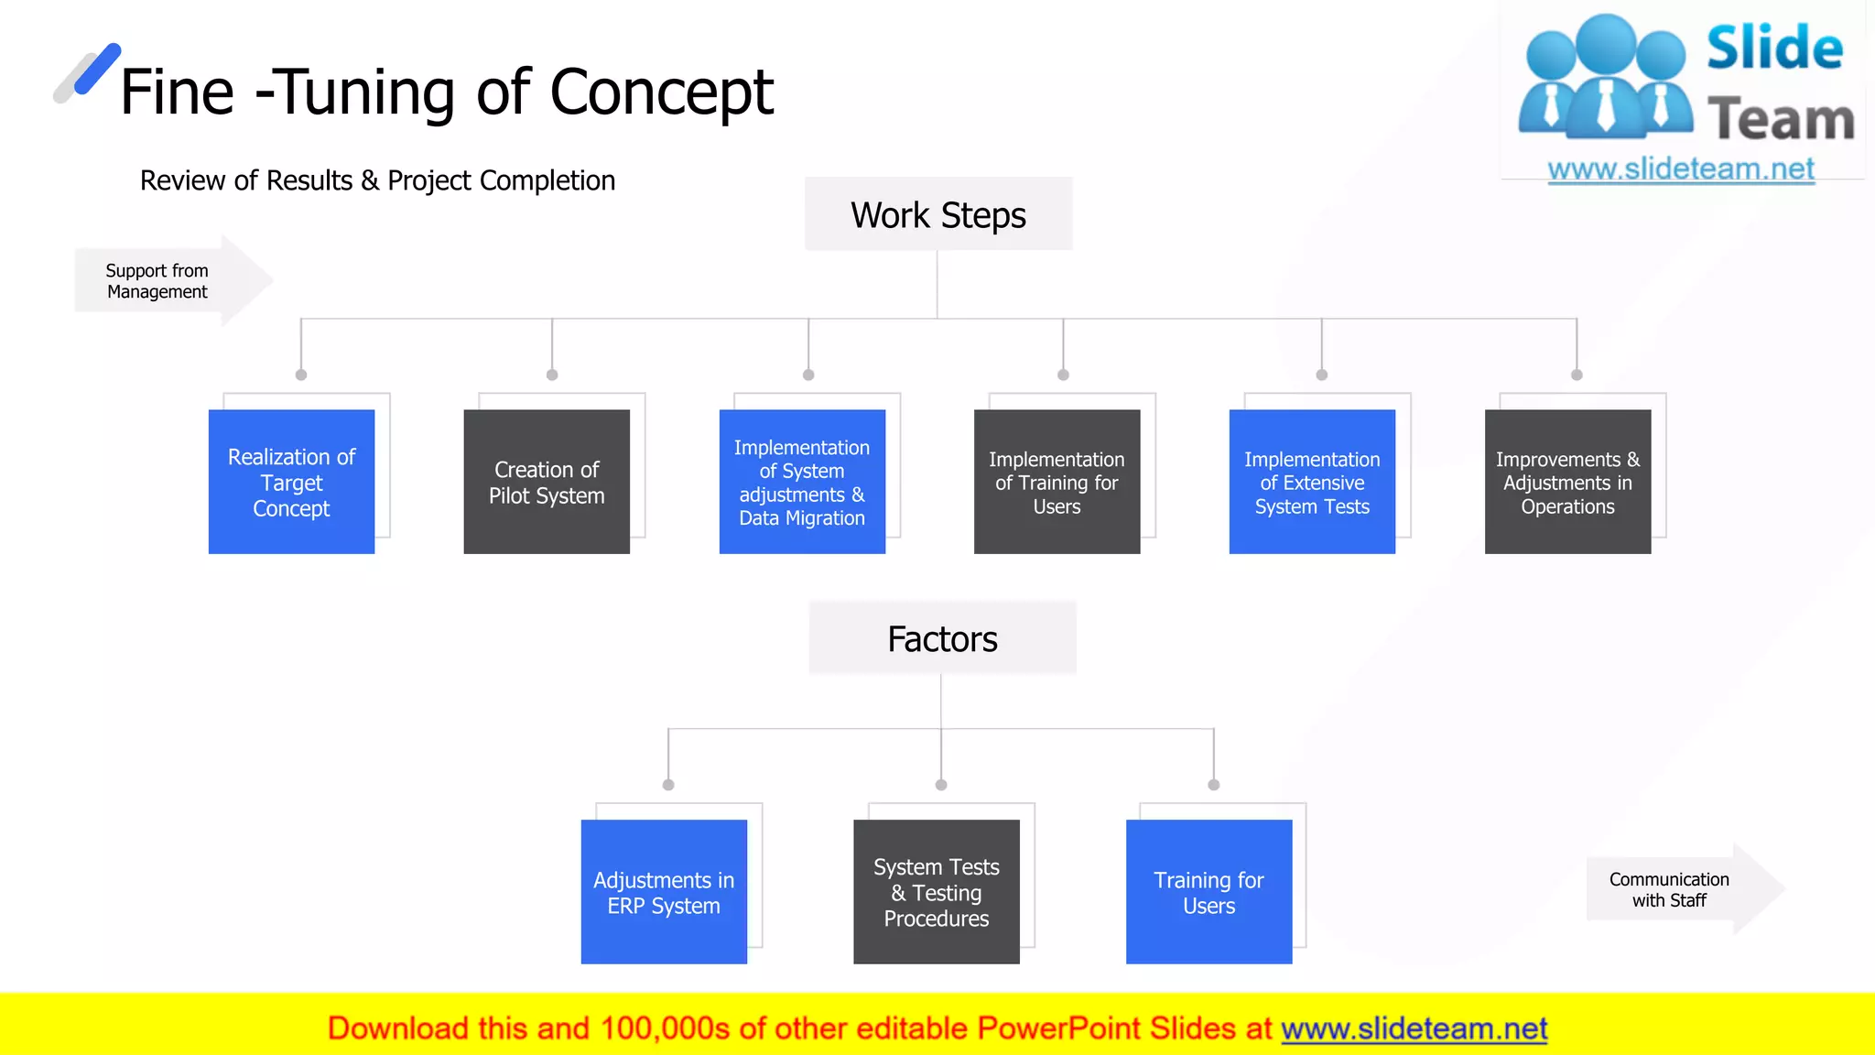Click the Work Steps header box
pyautogui.click(x=937, y=214)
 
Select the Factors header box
pyautogui.click(x=942, y=638)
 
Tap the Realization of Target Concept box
pyautogui.click(x=291, y=482)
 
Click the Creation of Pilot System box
pyautogui.click(x=547, y=482)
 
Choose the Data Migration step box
pyautogui.click(x=802, y=482)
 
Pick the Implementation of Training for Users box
pyautogui.click(x=1057, y=482)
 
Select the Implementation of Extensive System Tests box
pyautogui.click(x=1312, y=482)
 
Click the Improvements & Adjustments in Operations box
pyautogui.click(x=1567, y=482)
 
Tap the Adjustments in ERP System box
pyautogui.click(x=664, y=892)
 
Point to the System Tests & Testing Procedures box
pyautogui.click(x=936, y=892)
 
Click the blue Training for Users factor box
pyautogui.click(x=1208, y=892)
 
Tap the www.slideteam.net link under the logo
pyautogui.click(x=1681, y=169)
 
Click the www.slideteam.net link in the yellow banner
pyautogui.click(x=1414, y=1028)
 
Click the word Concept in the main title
pyautogui.click(x=661, y=92)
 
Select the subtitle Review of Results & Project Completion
pyautogui.click(x=377, y=180)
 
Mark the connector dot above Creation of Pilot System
pyautogui.click(x=552, y=375)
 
